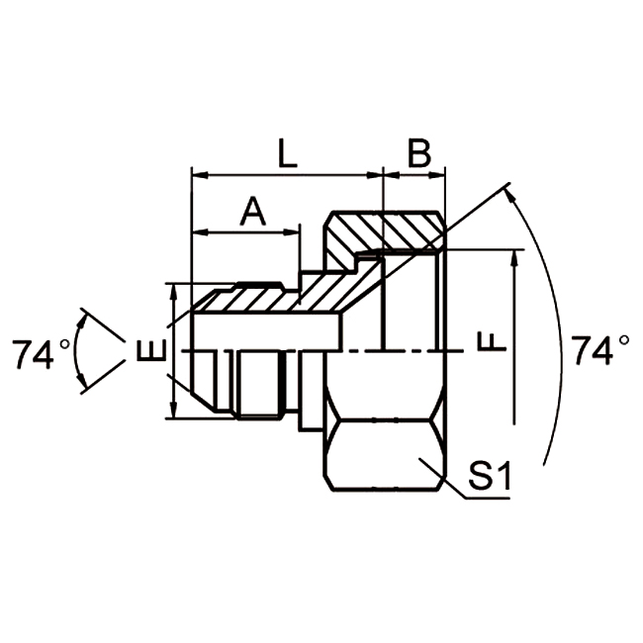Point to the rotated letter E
click(149, 351)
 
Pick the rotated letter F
click(492, 340)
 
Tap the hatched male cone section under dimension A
click(247, 297)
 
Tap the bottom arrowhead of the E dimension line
click(174, 413)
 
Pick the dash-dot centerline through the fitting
click(396, 351)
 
